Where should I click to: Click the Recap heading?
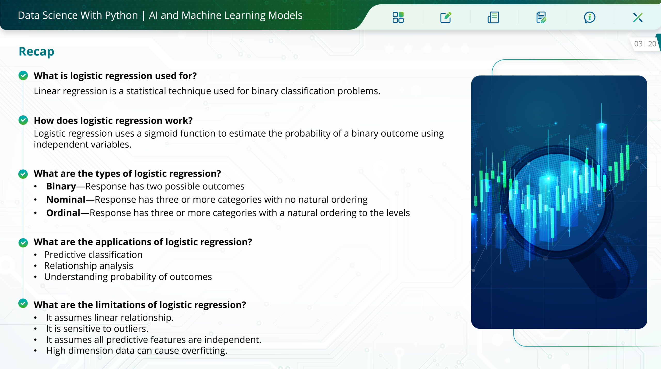[36, 52]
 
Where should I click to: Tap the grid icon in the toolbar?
[398, 18]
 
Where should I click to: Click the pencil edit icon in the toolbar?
[446, 18]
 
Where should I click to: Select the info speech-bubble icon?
[589, 18]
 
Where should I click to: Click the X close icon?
[638, 18]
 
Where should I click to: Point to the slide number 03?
[638, 44]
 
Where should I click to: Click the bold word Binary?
[61, 186]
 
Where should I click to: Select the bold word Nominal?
[66, 200]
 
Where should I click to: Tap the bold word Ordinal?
[63, 213]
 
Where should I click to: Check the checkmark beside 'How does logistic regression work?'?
[23, 120]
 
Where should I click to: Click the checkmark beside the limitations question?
[23, 303]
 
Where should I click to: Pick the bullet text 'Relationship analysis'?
[89, 266]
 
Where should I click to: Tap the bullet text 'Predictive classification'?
[93, 255]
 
